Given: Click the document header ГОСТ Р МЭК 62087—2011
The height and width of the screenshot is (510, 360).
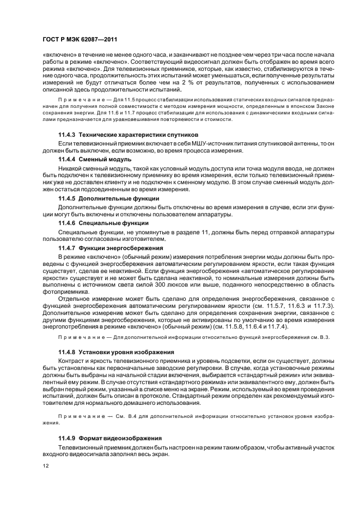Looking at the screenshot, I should pos(76,40).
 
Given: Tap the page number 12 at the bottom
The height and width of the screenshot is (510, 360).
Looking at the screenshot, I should pos(45,466).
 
